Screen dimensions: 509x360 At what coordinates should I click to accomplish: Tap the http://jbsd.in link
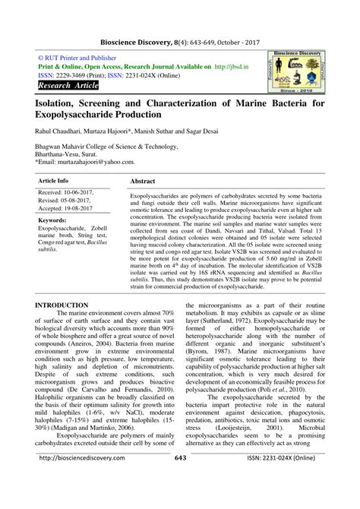231,67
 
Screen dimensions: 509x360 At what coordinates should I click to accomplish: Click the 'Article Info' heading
52,182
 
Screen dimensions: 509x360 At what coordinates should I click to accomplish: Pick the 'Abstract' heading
144,183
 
